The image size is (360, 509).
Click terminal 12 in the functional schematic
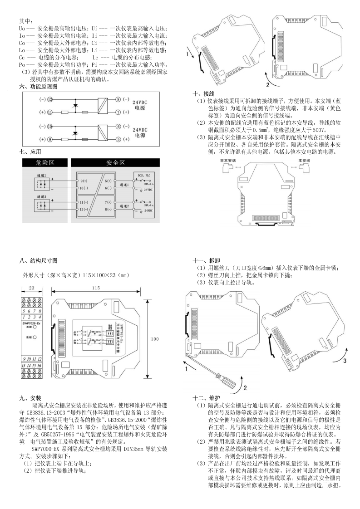coord(50,98)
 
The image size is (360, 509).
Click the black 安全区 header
coord(116,162)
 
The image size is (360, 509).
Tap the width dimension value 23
coord(31,288)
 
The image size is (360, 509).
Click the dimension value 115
coord(95,288)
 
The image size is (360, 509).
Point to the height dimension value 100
coord(155,339)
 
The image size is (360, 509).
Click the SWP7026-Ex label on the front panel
coord(31,323)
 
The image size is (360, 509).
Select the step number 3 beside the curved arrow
coord(344,362)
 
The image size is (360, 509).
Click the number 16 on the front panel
coord(39,365)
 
